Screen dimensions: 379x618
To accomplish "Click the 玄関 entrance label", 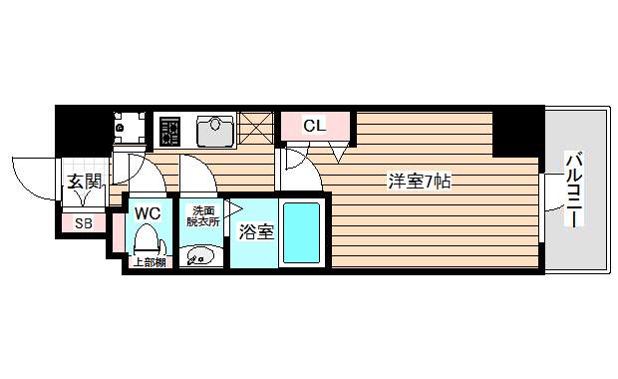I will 84,181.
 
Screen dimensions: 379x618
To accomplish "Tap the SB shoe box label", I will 84,223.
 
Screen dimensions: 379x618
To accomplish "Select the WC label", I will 148,212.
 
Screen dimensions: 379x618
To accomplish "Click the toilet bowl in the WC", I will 148,240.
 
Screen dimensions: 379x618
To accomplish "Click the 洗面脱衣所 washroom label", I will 203,215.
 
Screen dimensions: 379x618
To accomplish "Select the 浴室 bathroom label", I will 255,232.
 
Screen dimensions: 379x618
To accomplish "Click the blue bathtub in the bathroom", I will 301,232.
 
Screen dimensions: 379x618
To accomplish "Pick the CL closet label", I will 313,126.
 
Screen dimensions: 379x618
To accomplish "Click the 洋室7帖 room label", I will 420,182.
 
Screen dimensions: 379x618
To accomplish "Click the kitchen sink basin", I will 213,129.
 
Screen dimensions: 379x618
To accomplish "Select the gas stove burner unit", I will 170,130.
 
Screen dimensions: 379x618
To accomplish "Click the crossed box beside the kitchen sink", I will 255,129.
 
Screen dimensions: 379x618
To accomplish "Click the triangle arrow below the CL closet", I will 338,151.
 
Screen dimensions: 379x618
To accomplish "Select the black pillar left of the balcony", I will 517,132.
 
